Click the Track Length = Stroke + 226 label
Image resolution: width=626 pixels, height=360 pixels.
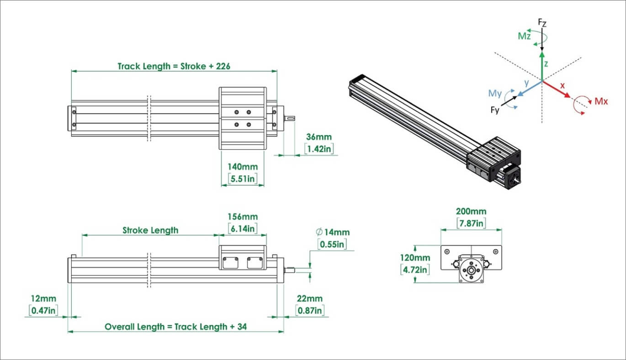click(174, 66)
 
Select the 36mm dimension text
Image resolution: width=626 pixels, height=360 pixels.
click(319, 137)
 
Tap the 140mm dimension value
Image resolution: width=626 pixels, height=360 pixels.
click(242, 167)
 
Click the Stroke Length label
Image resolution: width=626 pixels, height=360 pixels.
click(150, 230)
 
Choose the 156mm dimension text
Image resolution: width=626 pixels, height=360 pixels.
click(242, 216)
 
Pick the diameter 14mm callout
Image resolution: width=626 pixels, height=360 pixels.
click(332, 232)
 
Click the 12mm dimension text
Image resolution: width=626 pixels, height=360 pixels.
click(44, 299)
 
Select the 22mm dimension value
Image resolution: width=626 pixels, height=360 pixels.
click(310, 299)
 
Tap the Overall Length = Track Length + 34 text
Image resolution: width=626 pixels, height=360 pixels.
click(176, 327)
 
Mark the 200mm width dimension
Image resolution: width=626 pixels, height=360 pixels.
click(471, 212)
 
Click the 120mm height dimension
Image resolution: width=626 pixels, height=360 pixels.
click(415, 258)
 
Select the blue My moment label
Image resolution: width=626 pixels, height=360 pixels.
click(495, 94)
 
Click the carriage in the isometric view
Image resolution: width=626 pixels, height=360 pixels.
click(493, 157)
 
